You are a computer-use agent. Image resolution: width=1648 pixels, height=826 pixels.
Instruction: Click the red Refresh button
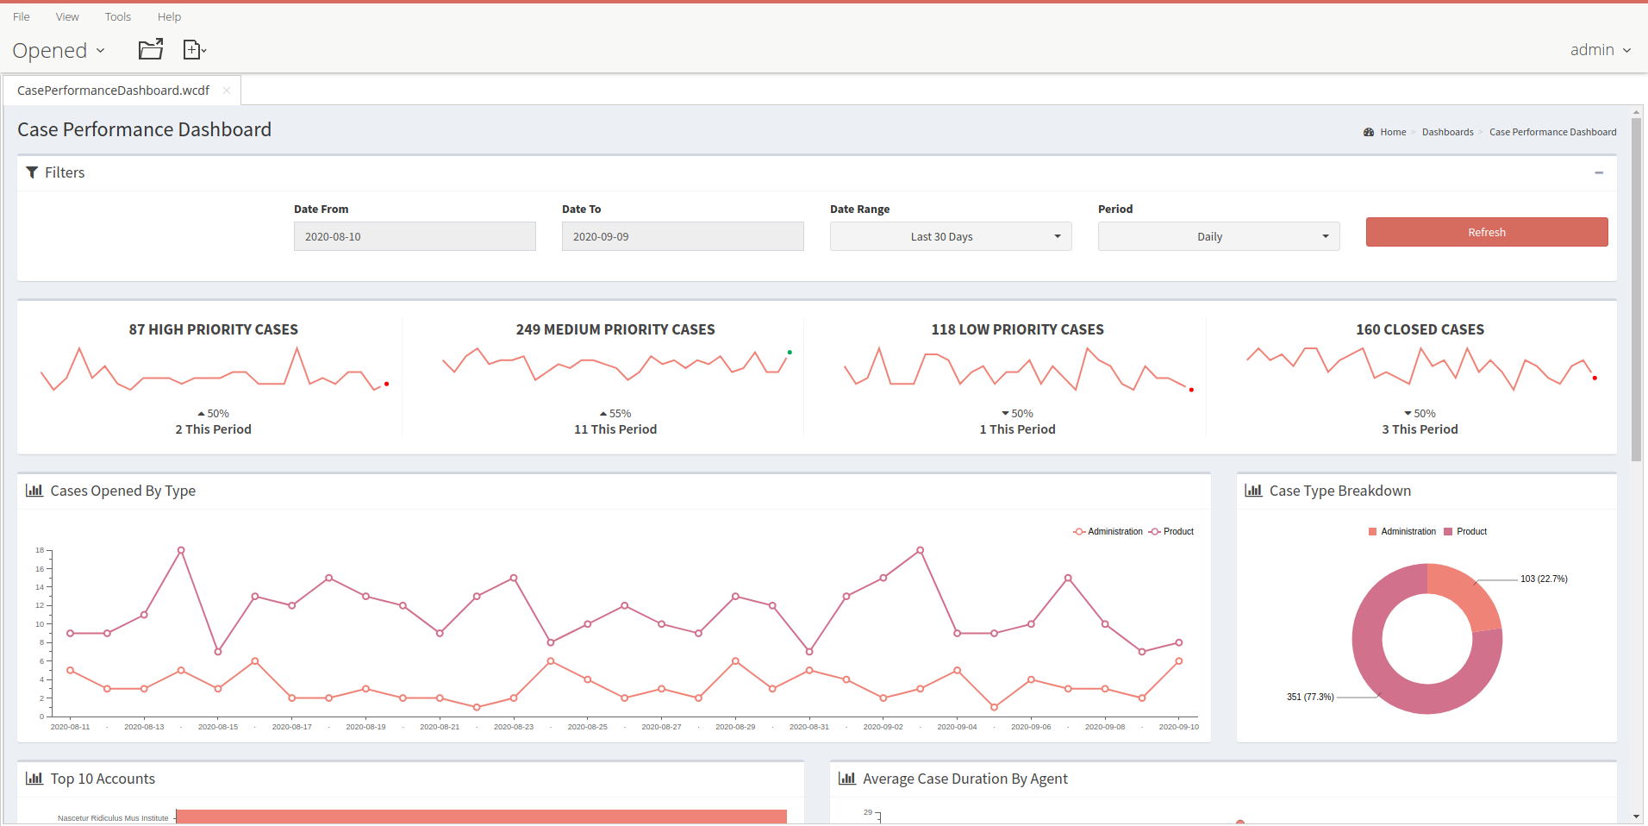1486,232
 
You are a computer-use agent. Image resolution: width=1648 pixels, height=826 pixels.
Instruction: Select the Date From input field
414,236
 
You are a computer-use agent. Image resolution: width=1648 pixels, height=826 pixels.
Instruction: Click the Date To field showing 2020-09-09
682,236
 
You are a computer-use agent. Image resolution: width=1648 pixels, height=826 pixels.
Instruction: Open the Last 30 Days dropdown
950,236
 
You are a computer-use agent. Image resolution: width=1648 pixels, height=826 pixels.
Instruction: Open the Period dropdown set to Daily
1218,236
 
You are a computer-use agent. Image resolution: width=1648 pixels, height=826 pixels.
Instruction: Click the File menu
22,16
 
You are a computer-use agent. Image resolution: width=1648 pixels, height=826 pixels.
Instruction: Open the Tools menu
118,16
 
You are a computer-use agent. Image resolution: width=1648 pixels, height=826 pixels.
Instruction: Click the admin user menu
1600,50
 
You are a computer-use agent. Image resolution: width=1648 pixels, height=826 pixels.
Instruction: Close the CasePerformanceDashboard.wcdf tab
227,91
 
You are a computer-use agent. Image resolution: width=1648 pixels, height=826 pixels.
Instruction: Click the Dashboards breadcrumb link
1447,132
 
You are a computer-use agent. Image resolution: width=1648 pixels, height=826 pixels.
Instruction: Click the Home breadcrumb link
1392,132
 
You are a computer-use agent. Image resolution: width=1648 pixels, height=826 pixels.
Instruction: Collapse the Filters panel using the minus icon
1599,172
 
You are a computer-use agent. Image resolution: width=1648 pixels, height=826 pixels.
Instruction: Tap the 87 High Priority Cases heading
213,329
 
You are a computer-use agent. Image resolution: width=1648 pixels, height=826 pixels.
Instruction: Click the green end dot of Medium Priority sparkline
790,352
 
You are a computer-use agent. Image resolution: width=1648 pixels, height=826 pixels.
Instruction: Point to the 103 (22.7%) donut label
1543,579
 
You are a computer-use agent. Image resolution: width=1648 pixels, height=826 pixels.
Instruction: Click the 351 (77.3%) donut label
1310,697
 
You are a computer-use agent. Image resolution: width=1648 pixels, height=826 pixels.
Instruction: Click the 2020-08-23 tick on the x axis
514,727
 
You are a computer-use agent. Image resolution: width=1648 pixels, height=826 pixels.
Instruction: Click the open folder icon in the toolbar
151,49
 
